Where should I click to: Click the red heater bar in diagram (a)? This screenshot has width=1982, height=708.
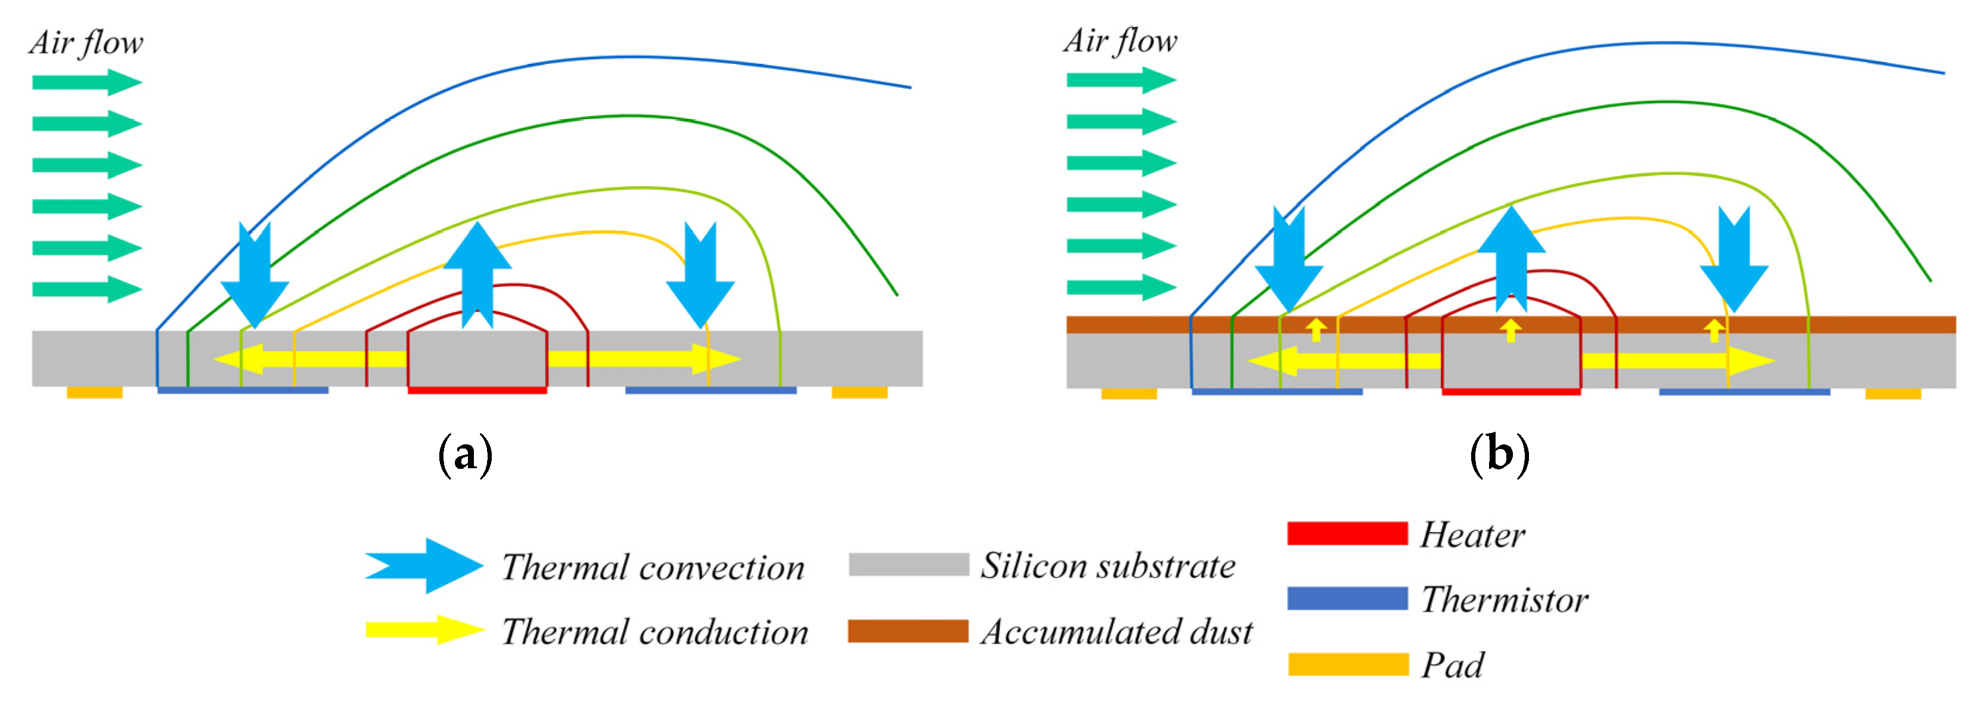477,390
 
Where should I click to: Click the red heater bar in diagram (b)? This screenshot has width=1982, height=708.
1510,392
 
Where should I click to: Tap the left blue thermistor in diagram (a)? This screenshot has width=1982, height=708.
243,390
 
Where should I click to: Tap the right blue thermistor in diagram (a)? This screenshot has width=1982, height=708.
710,390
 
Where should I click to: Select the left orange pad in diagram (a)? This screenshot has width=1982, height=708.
95,392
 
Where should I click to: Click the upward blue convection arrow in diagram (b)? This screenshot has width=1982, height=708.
1511,258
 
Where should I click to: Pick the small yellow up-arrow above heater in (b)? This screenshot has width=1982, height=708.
1510,329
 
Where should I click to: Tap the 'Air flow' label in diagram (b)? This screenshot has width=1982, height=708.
1119,40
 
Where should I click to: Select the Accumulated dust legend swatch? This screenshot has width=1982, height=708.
907,631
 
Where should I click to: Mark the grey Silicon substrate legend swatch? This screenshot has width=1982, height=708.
908,564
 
